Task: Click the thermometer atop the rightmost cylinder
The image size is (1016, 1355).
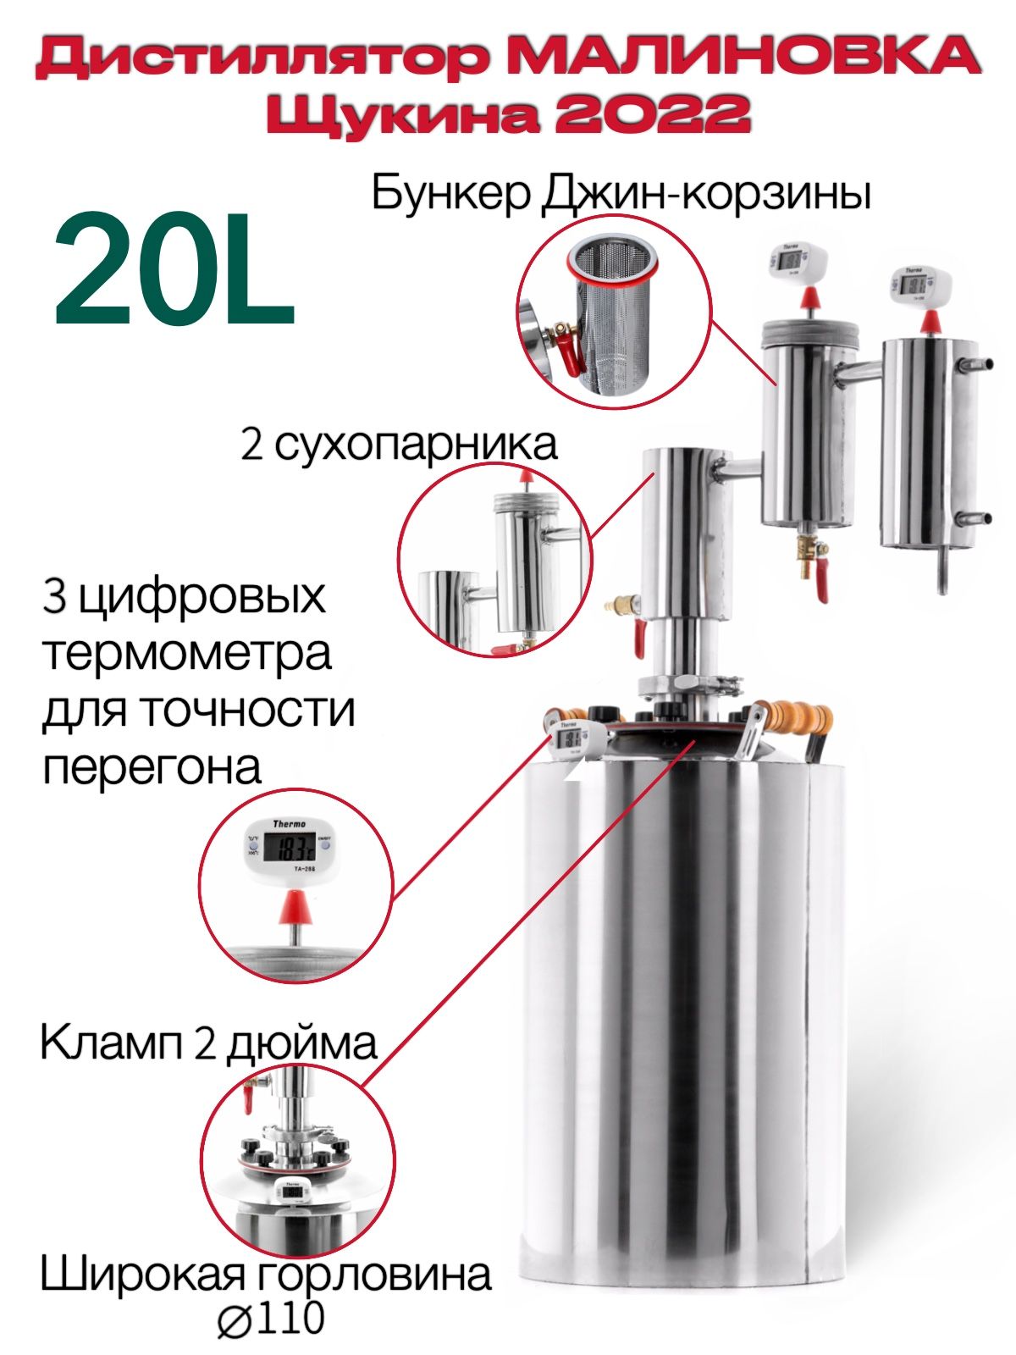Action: pyautogui.click(x=919, y=285)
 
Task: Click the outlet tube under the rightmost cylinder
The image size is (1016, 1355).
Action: pyautogui.click(x=943, y=571)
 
